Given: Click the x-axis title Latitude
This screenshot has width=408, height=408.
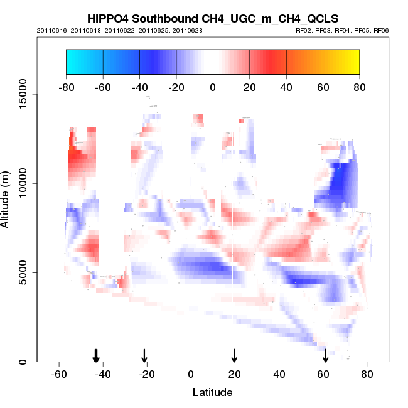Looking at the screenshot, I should click(212, 392).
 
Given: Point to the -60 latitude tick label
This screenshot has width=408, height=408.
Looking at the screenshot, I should click(59, 373).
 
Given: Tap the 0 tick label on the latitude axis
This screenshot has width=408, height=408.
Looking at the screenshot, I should click(191, 373).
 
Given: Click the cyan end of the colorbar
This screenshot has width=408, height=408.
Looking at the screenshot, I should click(72, 62).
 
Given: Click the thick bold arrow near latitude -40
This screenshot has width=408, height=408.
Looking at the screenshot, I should click(96, 356).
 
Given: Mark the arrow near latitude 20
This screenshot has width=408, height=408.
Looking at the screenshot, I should click(234, 356).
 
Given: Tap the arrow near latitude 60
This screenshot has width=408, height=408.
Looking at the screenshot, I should click(325, 356).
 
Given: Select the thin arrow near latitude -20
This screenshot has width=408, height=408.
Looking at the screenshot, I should click(144, 356).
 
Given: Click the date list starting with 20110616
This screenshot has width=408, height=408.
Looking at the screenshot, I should click(119, 30).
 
